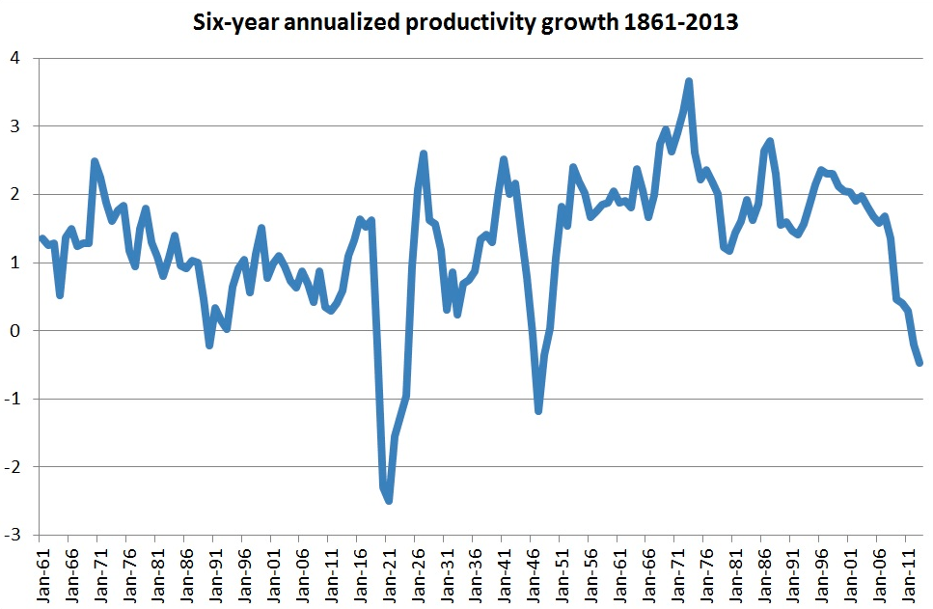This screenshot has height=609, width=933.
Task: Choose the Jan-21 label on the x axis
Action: coord(390,573)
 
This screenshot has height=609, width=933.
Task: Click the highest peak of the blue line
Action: coord(689,82)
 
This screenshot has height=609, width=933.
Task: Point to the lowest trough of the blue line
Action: coord(389,500)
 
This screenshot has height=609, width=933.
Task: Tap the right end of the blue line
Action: coord(919,363)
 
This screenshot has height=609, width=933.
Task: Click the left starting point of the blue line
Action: coord(41,237)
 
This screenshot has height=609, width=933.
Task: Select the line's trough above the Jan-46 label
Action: coord(538,411)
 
